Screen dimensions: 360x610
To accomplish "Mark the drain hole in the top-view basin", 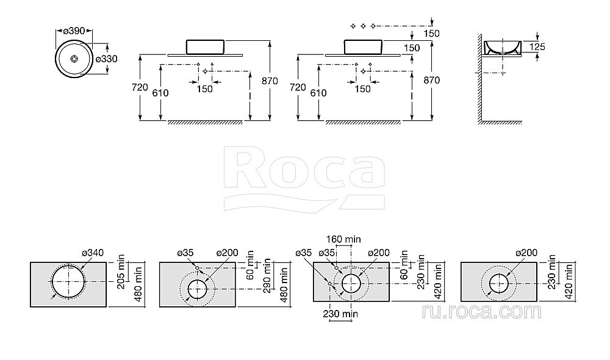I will tap(74, 59).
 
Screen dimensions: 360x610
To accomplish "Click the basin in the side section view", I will tap(502, 46).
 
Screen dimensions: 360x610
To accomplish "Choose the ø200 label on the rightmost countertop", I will tap(526, 253).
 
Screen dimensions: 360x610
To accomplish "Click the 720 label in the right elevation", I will tap(297, 88).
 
